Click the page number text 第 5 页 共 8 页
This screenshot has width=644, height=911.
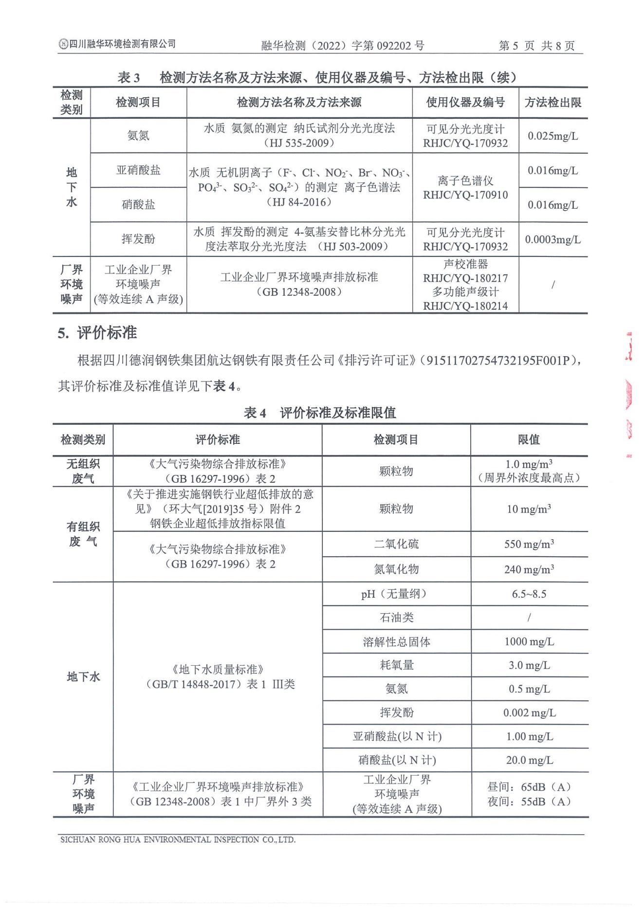(536, 46)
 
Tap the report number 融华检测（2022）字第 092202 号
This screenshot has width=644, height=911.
(343, 46)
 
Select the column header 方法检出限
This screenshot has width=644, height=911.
(553, 102)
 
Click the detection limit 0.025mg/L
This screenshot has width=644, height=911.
(553, 136)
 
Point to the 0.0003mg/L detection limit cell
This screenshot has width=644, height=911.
(553, 239)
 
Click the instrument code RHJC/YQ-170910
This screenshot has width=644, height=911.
(465, 195)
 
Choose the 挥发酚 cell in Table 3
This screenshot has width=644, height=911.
(138, 239)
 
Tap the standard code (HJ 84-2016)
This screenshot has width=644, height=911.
(299, 202)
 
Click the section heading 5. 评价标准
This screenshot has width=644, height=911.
(97, 333)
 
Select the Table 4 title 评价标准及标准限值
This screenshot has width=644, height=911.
(338, 413)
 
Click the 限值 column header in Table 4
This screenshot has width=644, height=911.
(529, 439)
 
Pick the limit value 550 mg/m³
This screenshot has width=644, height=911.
(529, 544)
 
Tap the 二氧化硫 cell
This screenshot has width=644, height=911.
(396, 544)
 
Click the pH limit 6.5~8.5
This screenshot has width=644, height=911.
(529, 594)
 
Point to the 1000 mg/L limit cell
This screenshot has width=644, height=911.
(529, 642)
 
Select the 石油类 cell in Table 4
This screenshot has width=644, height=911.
(396, 618)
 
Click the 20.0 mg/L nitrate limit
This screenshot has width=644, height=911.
(529, 760)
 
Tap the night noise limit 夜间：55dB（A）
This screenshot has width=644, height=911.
(529, 802)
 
